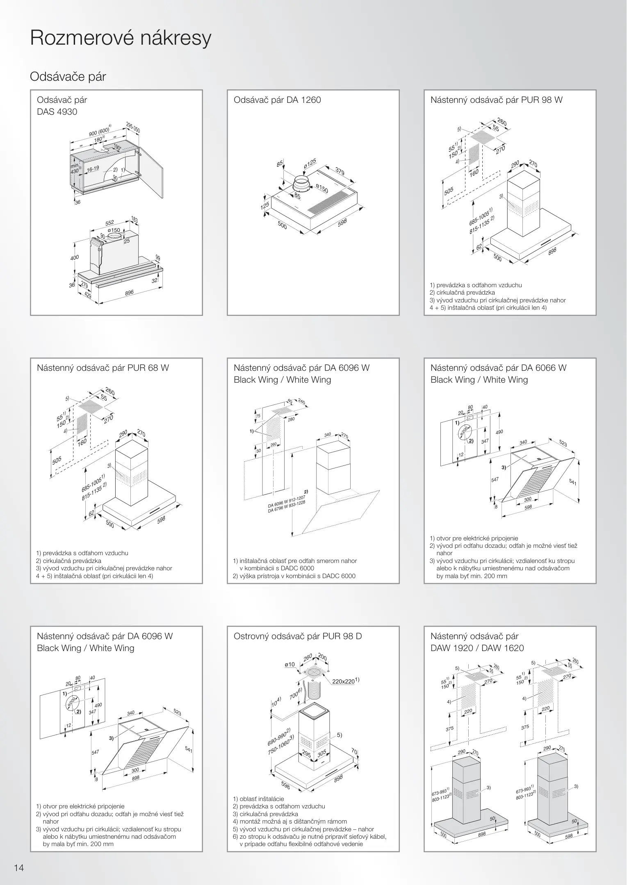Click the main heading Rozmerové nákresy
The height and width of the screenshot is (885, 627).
coord(121,39)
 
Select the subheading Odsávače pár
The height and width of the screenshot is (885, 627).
coord(68,77)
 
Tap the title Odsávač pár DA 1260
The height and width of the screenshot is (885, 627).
coord(277,100)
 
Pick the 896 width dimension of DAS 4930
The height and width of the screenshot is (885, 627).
coord(129,293)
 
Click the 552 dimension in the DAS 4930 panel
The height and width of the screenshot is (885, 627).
coord(109,223)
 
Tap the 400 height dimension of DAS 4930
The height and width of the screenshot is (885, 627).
coord(74,258)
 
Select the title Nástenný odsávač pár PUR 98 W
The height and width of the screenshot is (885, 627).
coord(496,100)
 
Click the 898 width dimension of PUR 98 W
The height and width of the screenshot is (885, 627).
coord(552,251)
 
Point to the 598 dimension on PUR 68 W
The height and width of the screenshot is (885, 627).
coord(161,520)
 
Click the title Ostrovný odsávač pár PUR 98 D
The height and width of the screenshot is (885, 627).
coord(298,636)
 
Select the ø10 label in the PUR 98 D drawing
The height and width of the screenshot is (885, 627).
coord(290,664)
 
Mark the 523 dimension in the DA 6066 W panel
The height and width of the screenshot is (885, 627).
coord(563,443)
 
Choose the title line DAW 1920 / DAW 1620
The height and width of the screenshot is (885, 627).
coord(477,648)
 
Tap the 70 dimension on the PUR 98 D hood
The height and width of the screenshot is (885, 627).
coord(354,751)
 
